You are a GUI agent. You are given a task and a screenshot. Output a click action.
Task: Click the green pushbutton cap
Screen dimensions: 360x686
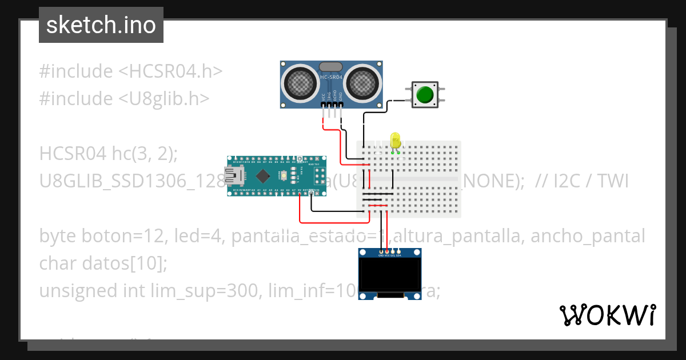coord(425,94)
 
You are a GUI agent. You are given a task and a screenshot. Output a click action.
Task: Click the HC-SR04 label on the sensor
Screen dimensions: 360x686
coord(332,77)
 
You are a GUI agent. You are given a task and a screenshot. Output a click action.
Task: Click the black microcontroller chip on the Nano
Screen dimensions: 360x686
coord(262,175)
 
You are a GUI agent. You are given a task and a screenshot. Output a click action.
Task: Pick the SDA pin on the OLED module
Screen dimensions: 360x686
coord(399,252)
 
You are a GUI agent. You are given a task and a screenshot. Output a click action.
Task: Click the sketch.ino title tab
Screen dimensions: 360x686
coord(101,25)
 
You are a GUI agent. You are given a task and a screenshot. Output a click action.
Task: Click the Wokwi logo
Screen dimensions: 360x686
coord(607,315)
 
